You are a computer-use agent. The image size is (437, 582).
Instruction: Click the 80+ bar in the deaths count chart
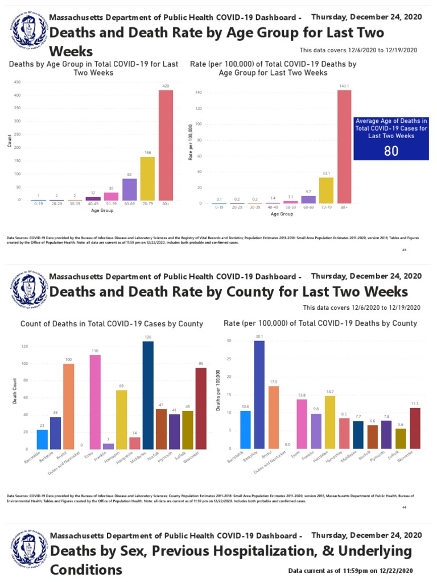[x=166, y=145]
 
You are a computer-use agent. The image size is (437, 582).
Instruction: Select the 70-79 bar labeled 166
[x=147, y=178]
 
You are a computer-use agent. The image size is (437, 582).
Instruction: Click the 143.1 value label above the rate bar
[x=344, y=86]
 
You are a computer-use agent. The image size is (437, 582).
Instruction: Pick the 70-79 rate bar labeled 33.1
[x=326, y=190]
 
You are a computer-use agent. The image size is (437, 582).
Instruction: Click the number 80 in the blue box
[x=391, y=151]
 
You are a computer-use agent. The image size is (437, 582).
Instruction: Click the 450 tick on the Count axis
[x=19, y=82]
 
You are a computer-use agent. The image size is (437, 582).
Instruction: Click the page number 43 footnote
[x=404, y=250]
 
